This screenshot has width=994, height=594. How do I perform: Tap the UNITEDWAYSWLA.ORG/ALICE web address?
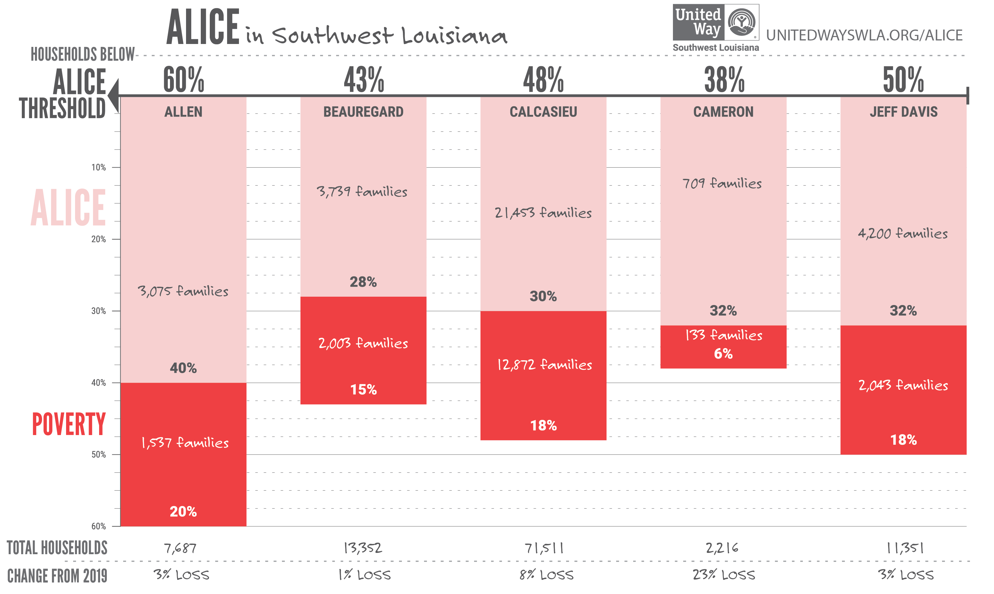coord(864,35)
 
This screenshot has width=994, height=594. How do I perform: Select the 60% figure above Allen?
coord(183,80)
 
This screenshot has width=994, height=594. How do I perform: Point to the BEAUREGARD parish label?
coord(363,112)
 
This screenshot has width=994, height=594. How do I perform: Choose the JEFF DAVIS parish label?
coord(903,112)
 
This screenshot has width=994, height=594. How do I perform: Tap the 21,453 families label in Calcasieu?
coord(543,213)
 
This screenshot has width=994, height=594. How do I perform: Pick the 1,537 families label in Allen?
coord(185,443)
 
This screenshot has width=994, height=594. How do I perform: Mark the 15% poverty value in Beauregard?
coord(363,389)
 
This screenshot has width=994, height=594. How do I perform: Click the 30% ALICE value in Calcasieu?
coord(543,296)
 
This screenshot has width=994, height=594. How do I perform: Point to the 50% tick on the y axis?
coord(98,455)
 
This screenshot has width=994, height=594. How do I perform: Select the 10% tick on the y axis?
coord(98,167)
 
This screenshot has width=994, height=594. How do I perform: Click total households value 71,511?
coord(543,548)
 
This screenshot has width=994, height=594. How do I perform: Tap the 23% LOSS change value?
coord(724,575)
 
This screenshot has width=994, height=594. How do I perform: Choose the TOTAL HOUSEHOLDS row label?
coord(57,548)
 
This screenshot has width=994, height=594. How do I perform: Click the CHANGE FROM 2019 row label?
coord(57,576)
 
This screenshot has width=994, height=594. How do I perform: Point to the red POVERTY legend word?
coord(68,424)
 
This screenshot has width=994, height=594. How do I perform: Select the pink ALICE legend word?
coord(68,208)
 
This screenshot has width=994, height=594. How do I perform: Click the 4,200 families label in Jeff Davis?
coord(903,233)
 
